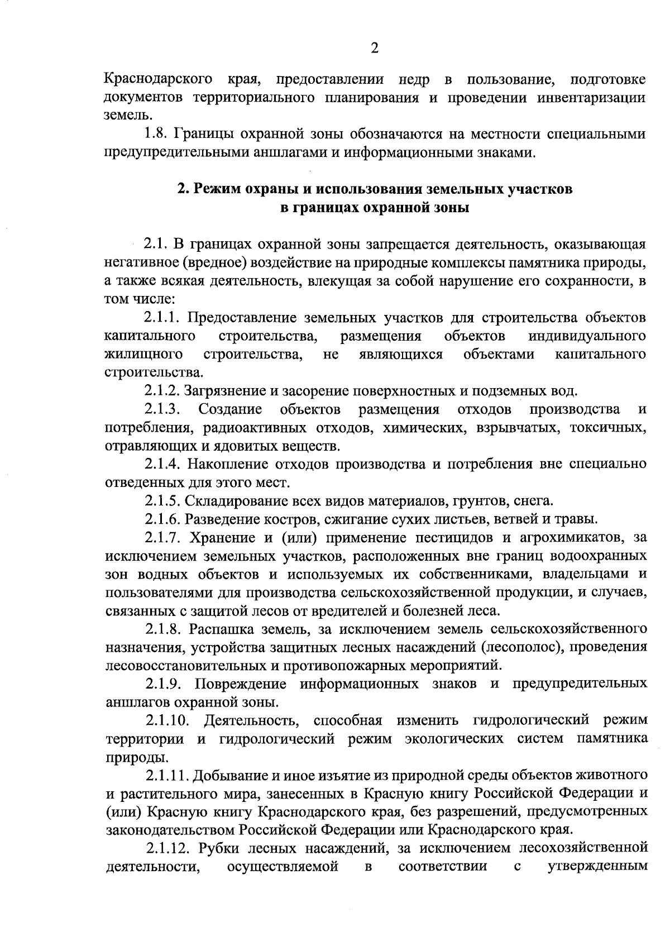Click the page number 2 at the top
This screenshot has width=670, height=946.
(375, 49)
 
